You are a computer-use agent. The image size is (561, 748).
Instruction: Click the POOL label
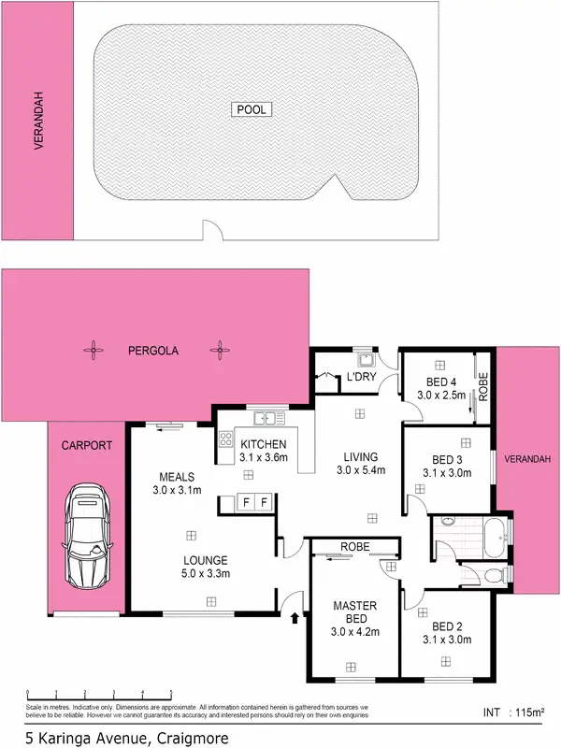[251, 109]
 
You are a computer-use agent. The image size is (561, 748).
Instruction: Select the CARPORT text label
[85, 446]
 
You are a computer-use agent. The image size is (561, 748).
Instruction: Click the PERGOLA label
[153, 351]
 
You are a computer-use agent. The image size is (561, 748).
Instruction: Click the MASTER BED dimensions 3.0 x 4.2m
[355, 632]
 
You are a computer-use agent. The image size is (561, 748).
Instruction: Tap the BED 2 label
[448, 626]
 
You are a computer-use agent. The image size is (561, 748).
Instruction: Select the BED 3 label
[448, 459]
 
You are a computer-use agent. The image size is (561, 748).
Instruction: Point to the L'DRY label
[361, 378]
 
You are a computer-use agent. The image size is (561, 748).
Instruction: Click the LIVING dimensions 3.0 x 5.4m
[360, 469]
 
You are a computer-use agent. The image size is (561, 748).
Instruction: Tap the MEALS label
[176, 475]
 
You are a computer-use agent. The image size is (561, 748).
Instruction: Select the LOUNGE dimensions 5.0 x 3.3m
[206, 573]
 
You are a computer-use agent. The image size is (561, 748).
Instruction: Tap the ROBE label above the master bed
[355, 545]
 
